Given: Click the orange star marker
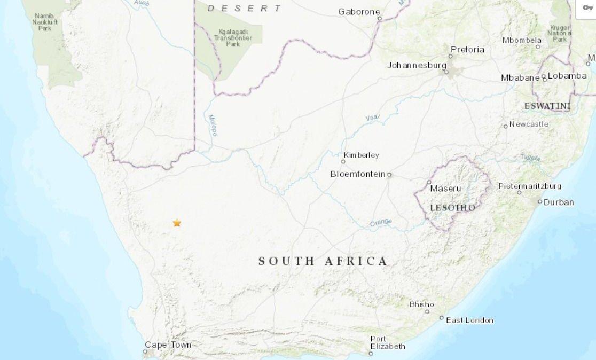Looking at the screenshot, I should [x=177, y=223].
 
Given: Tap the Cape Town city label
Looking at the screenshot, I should [x=168, y=345].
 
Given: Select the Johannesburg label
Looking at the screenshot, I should [x=417, y=66].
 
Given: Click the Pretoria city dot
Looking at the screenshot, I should [x=451, y=56].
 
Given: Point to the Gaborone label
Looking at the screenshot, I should [x=359, y=12].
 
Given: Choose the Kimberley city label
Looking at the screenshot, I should [x=361, y=155].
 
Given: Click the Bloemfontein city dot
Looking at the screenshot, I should [x=389, y=175].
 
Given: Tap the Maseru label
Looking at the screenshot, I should [x=445, y=189].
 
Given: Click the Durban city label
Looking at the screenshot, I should [x=559, y=202].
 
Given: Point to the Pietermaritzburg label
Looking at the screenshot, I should [x=530, y=186].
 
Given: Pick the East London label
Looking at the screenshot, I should [x=469, y=320].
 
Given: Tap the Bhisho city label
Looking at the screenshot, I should [x=421, y=304].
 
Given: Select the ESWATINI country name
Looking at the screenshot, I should [x=547, y=106].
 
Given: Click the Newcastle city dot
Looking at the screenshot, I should [x=505, y=127].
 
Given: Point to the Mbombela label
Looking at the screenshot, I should [x=522, y=40].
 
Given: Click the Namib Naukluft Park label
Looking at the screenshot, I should [x=44, y=22].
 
